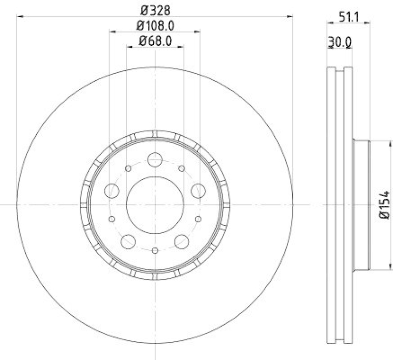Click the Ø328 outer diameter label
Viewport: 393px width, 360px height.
point(155,10)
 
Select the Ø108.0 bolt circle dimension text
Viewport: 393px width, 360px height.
point(155,25)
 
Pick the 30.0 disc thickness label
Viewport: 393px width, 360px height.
point(339,43)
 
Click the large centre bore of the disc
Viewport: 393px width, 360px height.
point(155,205)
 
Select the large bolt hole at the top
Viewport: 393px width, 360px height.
point(155,159)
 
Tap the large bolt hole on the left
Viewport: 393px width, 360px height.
point(112,190)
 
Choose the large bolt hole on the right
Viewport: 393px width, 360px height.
point(198,190)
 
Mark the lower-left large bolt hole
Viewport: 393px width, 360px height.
point(128,241)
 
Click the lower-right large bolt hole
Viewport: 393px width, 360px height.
point(182,241)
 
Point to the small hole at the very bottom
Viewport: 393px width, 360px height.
point(155,250)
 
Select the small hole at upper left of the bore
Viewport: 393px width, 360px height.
point(128,168)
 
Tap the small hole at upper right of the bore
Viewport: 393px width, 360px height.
point(182,168)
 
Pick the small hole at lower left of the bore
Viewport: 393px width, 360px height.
point(112,219)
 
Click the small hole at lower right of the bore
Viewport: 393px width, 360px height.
point(198,219)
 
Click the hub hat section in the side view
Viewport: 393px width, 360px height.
point(361,205)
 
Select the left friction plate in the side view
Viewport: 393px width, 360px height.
point(331,205)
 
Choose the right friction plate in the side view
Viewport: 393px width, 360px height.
point(348,205)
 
